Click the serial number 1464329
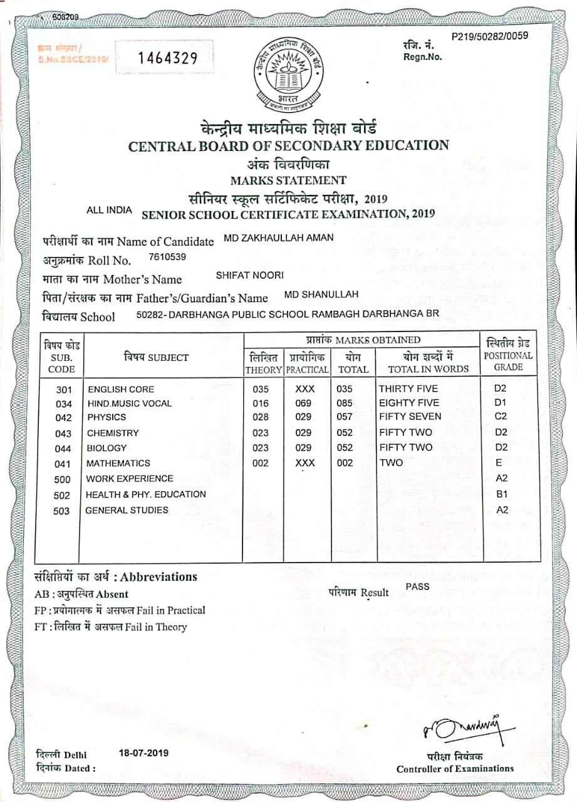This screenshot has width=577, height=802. [167, 58]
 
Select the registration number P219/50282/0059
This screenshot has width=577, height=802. [489, 36]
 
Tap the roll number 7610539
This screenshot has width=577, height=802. [167, 257]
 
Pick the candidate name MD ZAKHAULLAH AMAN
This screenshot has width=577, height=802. [279, 238]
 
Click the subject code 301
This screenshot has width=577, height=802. [64, 389]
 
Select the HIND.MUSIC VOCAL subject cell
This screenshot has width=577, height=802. [129, 404]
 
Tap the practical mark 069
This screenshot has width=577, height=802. [303, 403]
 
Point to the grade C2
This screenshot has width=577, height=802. [501, 416]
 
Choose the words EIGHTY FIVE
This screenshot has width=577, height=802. [409, 403]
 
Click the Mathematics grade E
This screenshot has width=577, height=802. [499, 463]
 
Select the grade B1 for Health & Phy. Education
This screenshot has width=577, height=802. [501, 494]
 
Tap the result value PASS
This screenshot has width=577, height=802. [417, 586]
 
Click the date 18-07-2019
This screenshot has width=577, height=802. [143, 753]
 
